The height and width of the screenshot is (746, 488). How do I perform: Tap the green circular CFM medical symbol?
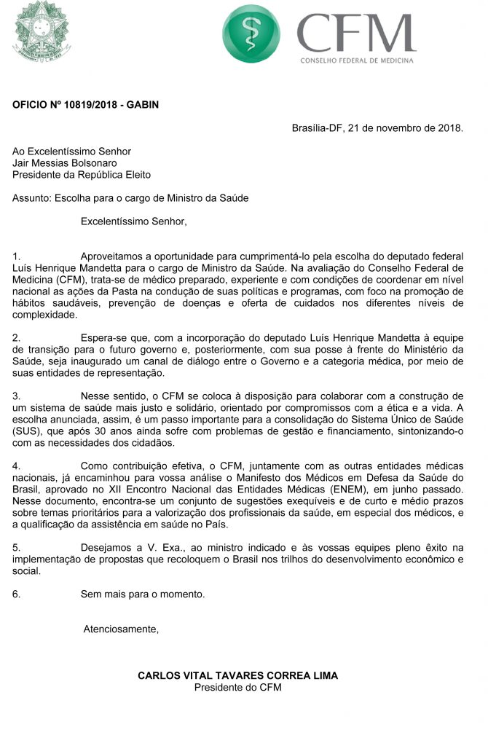[x=251, y=34]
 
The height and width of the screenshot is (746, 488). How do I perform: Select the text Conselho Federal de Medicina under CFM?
[x=357, y=60]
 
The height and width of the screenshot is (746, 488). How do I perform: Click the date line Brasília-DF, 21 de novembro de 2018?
[x=377, y=128]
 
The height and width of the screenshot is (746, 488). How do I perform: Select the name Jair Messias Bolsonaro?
[x=65, y=163]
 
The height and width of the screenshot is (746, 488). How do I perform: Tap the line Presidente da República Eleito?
[x=82, y=175]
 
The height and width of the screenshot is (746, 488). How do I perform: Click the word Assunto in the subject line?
[x=31, y=198]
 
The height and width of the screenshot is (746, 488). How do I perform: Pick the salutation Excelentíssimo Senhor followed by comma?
[x=133, y=221]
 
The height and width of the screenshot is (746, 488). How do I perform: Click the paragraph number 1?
[x=16, y=256]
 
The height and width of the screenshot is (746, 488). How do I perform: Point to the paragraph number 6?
[x=16, y=594]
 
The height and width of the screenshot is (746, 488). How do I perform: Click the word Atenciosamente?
[x=121, y=629]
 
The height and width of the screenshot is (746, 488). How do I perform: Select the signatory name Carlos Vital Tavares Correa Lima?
[x=237, y=675]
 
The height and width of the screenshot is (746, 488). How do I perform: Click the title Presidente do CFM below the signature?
[x=237, y=687]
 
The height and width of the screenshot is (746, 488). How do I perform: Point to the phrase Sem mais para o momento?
[x=143, y=594]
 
